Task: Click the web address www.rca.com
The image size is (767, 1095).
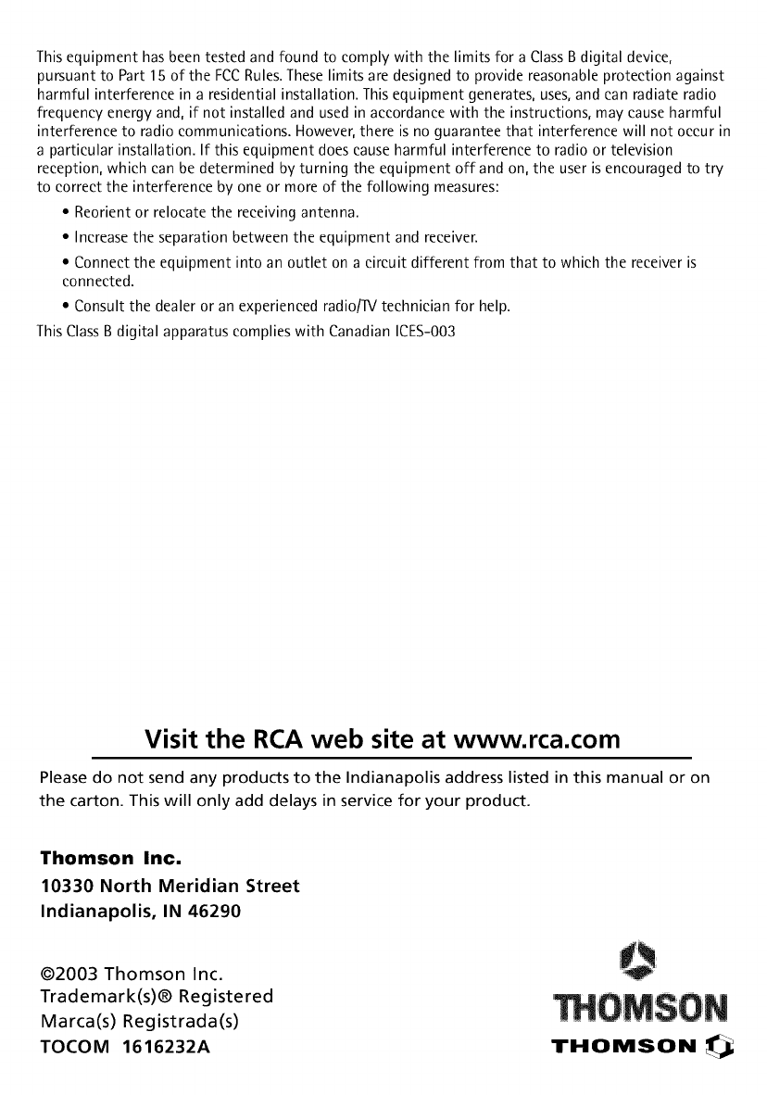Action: pyautogui.click(x=534, y=739)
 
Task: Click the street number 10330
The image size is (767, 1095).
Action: pyautogui.click(x=66, y=886)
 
